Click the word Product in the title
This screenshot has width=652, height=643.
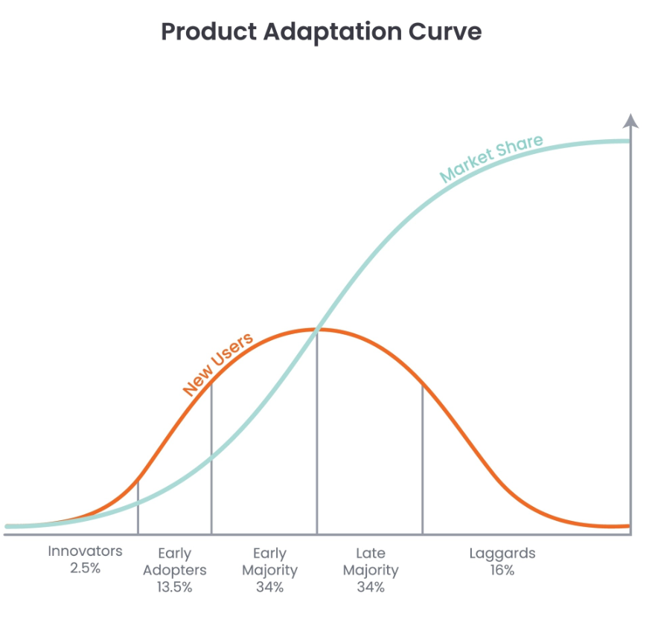(x=208, y=31)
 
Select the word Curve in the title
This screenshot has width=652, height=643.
(x=445, y=32)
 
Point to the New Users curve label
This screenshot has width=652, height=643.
(x=217, y=364)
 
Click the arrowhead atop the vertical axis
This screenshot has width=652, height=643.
(x=631, y=121)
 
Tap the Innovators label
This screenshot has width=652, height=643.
(x=86, y=551)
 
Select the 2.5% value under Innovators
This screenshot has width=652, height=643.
(x=86, y=568)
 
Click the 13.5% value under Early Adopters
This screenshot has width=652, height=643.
(x=175, y=587)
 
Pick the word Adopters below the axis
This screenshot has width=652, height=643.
(x=175, y=570)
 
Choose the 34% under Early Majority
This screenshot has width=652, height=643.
(x=270, y=587)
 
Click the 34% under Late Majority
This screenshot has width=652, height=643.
(x=371, y=587)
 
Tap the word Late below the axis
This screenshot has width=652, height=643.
(x=371, y=553)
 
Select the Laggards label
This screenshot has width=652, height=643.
(x=502, y=554)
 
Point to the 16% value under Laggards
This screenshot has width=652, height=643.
(x=502, y=570)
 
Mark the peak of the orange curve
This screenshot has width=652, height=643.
(x=317, y=330)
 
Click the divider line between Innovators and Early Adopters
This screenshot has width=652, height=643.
(x=138, y=508)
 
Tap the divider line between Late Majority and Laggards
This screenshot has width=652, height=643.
(x=423, y=459)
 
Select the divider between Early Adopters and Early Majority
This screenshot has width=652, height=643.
(x=211, y=458)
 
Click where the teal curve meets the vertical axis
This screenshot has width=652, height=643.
(x=630, y=141)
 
